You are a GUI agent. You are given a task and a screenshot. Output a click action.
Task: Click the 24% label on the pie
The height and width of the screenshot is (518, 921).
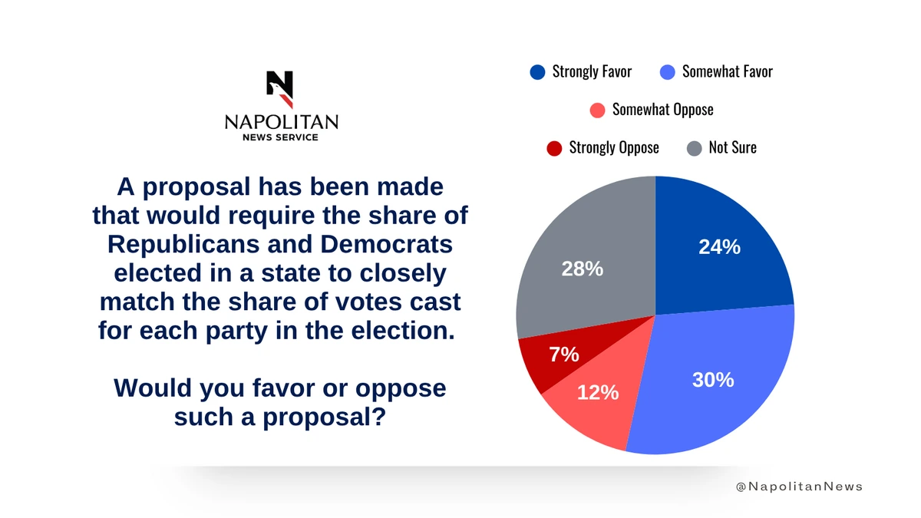(719, 247)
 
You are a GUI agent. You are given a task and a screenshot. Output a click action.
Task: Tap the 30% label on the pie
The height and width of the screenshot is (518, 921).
(713, 379)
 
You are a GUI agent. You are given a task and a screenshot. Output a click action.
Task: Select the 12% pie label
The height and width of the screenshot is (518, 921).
(598, 392)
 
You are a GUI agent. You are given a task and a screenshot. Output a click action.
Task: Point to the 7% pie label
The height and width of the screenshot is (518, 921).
(564, 355)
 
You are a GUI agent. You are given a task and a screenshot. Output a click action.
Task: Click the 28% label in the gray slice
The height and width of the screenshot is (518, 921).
(583, 269)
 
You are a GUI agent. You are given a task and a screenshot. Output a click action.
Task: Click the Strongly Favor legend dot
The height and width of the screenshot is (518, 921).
(537, 72)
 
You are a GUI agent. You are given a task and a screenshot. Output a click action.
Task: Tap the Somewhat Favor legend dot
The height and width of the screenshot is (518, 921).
(667, 72)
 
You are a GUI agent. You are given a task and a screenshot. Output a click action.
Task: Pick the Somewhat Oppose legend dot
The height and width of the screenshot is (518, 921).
(598, 110)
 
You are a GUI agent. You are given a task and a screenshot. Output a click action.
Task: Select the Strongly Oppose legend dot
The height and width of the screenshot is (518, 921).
(554, 147)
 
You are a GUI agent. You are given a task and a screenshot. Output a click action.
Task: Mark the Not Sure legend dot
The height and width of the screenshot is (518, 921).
(694, 147)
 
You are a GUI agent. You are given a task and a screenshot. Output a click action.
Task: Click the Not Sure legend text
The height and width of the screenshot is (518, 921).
(732, 147)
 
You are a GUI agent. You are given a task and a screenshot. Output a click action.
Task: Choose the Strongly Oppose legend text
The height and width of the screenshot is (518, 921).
(614, 147)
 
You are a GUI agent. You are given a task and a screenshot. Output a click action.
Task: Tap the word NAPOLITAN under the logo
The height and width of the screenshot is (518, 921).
(281, 123)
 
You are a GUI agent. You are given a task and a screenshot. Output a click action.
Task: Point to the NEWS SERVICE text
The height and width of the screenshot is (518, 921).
(280, 137)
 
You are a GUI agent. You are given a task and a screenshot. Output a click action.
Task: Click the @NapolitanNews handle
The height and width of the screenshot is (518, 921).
(799, 487)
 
